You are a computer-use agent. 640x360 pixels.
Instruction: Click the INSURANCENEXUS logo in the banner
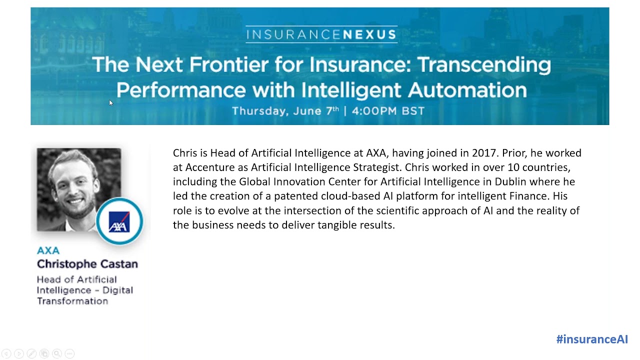click(321, 34)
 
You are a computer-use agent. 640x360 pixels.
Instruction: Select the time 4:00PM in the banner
click(372, 111)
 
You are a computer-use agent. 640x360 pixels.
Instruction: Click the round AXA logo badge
click(119, 221)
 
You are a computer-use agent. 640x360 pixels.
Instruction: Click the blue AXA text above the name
click(48, 250)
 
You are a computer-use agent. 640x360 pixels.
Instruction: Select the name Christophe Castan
click(87, 264)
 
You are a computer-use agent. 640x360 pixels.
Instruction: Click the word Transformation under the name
click(72, 301)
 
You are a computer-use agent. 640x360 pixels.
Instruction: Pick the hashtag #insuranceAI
click(591, 339)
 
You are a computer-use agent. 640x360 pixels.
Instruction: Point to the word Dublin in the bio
click(510, 181)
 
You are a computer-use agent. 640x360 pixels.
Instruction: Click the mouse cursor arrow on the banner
click(110, 102)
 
